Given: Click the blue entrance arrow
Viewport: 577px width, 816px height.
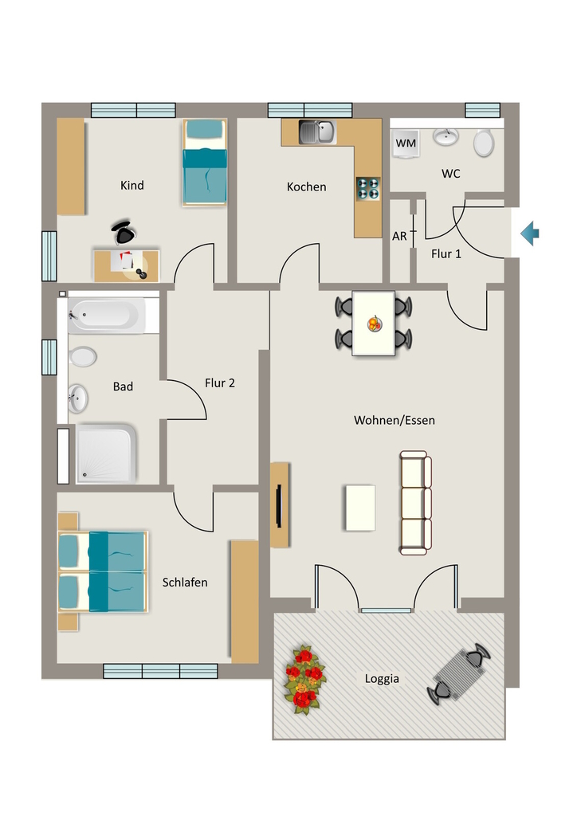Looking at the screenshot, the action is tap(530, 233).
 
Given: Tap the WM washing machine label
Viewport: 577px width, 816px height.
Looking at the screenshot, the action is tap(406, 143).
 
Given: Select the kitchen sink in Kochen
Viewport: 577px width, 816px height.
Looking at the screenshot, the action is tap(317, 132).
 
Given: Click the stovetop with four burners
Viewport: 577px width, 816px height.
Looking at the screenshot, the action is tap(368, 189).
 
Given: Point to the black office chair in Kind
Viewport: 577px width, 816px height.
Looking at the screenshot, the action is tap(124, 232).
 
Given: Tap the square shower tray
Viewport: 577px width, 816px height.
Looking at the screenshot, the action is tap(106, 453).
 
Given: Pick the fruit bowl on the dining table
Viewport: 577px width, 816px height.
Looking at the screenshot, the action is tap(374, 324).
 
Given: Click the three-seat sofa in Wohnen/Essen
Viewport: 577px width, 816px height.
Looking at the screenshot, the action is tap(415, 503).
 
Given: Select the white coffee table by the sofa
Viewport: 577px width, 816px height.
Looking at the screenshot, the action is tap(360, 508).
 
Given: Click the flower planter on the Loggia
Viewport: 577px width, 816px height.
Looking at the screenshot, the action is tap(305, 679).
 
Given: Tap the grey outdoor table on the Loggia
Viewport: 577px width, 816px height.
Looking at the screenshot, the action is tap(459, 674).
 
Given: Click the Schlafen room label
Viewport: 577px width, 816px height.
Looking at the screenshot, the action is tap(185, 583).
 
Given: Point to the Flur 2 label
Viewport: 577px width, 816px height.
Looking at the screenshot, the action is tap(219, 383).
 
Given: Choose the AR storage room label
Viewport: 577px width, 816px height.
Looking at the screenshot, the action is tap(399, 236).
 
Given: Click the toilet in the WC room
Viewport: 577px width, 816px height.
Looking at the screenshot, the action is tap(483, 143).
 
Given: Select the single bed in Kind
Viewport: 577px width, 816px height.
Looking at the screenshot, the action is tap(205, 163).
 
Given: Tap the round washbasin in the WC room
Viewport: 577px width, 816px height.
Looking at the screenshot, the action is tap(446, 136).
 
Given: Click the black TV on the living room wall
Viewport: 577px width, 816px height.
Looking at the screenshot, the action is tap(280, 505).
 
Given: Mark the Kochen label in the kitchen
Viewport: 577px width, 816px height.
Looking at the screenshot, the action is tap(307, 186).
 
